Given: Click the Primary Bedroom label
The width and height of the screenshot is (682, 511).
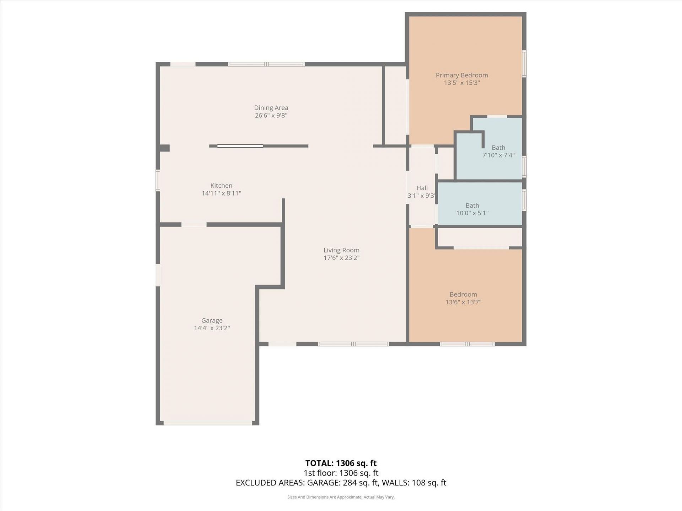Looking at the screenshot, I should pyautogui.click(x=461, y=75).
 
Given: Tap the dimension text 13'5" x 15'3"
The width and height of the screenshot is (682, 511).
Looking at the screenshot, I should pyautogui.click(x=461, y=83).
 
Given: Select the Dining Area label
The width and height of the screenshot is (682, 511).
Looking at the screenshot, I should pyautogui.click(x=271, y=108).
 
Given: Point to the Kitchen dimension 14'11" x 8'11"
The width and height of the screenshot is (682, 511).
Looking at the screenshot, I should pyautogui.click(x=221, y=193).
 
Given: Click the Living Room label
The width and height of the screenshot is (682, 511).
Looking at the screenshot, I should pyautogui.click(x=341, y=251).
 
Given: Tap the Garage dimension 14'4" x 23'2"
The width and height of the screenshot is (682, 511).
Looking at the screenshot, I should pyautogui.click(x=212, y=328).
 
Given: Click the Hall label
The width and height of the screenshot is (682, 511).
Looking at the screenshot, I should pyautogui.click(x=422, y=188).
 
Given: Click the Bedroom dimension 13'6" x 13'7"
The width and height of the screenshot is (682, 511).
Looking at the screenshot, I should pyautogui.click(x=463, y=302).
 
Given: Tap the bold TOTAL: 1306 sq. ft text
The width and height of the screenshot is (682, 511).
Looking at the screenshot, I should pyautogui.click(x=341, y=463).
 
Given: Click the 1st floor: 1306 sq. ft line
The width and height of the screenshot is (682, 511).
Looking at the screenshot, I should pyautogui.click(x=341, y=473).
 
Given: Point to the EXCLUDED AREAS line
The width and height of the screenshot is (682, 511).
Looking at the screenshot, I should pyautogui.click(x=341, y=483).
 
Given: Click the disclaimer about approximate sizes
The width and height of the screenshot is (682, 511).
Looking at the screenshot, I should pyautogui.click(x=341, y=497).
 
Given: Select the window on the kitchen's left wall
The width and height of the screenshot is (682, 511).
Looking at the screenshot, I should pyautogui.click(x=158, y=180).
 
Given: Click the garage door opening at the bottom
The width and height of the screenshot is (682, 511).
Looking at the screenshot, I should pyautogui.click(x=208, y=423).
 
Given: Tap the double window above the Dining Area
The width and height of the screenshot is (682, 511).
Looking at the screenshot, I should pyautogui.click(x=266, y=64).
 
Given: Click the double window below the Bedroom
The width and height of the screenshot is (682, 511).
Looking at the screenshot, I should pyautogui.click(x=467, y=344).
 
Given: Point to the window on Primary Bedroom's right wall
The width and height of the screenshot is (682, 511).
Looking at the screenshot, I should pyautogui.click(x=524, y=64).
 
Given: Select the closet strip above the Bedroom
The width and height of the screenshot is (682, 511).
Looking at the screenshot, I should pyautogui.click(x=480, y=237).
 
